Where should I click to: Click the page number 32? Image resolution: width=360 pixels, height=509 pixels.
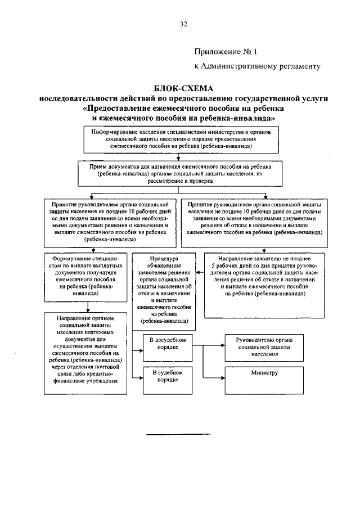coord(183,24)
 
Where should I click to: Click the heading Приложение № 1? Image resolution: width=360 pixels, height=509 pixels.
coord(225,52)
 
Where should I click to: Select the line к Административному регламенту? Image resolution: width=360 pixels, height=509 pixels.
coord(256,66)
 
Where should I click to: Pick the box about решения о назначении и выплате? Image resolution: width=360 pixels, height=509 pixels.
coord(109,221)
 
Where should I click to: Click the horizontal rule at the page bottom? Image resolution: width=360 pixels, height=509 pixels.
coord(178,435)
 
